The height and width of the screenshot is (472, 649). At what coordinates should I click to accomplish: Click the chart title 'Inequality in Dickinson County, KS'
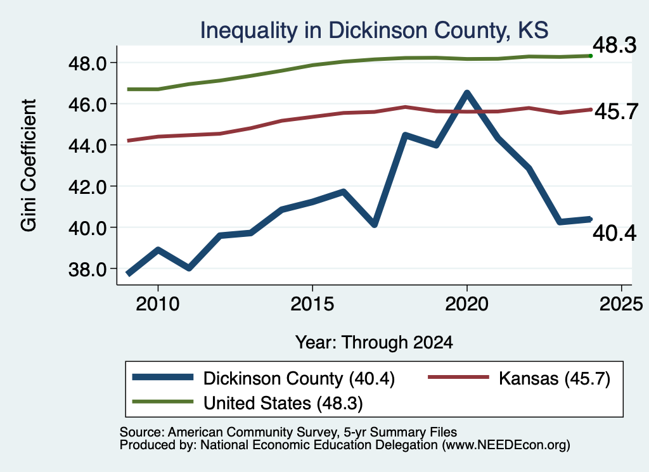click(374, 30)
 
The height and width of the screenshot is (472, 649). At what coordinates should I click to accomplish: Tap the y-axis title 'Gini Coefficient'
click(29, 165)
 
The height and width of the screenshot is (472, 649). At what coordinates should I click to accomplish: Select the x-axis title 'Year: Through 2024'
click(374, 343)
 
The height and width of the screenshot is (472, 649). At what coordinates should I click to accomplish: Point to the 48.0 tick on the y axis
click(87, 63)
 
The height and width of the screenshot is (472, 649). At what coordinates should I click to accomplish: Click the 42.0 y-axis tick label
click(87, 186)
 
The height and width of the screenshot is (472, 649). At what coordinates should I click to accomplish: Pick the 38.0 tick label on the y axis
click(87, 269)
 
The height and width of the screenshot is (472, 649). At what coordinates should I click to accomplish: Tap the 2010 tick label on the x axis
click(158, 304)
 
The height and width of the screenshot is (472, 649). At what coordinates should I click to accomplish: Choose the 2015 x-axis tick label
click(312, 304)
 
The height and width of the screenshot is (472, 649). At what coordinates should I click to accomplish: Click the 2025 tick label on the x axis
click(621, 304)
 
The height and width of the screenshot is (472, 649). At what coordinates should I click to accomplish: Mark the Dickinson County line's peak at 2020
click(467, 93)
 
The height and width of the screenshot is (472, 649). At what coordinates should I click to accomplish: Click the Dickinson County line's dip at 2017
click(374, 224)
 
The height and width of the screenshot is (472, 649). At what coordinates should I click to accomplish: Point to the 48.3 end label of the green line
click(614, 45)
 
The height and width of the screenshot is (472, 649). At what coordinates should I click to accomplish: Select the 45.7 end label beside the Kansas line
click(616, 112)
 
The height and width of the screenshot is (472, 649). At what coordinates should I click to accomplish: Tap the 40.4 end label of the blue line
click(614, 233)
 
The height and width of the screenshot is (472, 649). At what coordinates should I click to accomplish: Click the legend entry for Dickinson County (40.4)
click(263, 378)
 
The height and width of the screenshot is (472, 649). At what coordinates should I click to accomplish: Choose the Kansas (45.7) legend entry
click(519, 378)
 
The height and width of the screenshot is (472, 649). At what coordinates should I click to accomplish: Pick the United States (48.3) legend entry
click(248, 403)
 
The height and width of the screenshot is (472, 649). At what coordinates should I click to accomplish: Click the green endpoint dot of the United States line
click(591, 56)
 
